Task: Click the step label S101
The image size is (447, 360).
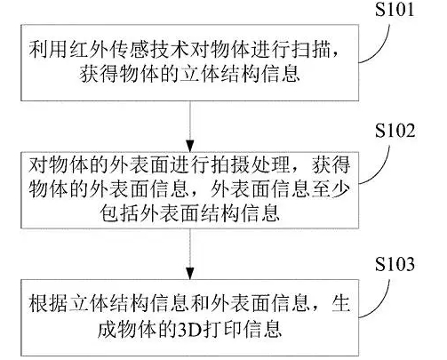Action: [395, 9]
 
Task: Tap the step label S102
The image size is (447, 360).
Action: [395, 131]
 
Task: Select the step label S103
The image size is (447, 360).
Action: [395, 263]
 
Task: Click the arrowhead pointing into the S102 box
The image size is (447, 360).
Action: [190, 146]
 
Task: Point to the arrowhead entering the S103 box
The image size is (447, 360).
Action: [190, 273]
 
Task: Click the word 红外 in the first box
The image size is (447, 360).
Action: [90, 49]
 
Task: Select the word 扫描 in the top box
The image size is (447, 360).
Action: [311, 49]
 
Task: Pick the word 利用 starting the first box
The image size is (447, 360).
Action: [49, 49]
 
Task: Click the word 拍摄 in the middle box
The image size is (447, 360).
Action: [230, 164]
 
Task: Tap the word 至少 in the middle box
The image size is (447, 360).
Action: [331, 188]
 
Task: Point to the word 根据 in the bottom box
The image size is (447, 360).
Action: [49, 303]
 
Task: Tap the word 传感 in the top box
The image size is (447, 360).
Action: [130, 49]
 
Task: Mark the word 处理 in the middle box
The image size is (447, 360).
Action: [270, 164]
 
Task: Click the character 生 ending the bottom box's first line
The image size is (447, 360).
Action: [340, 303]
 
